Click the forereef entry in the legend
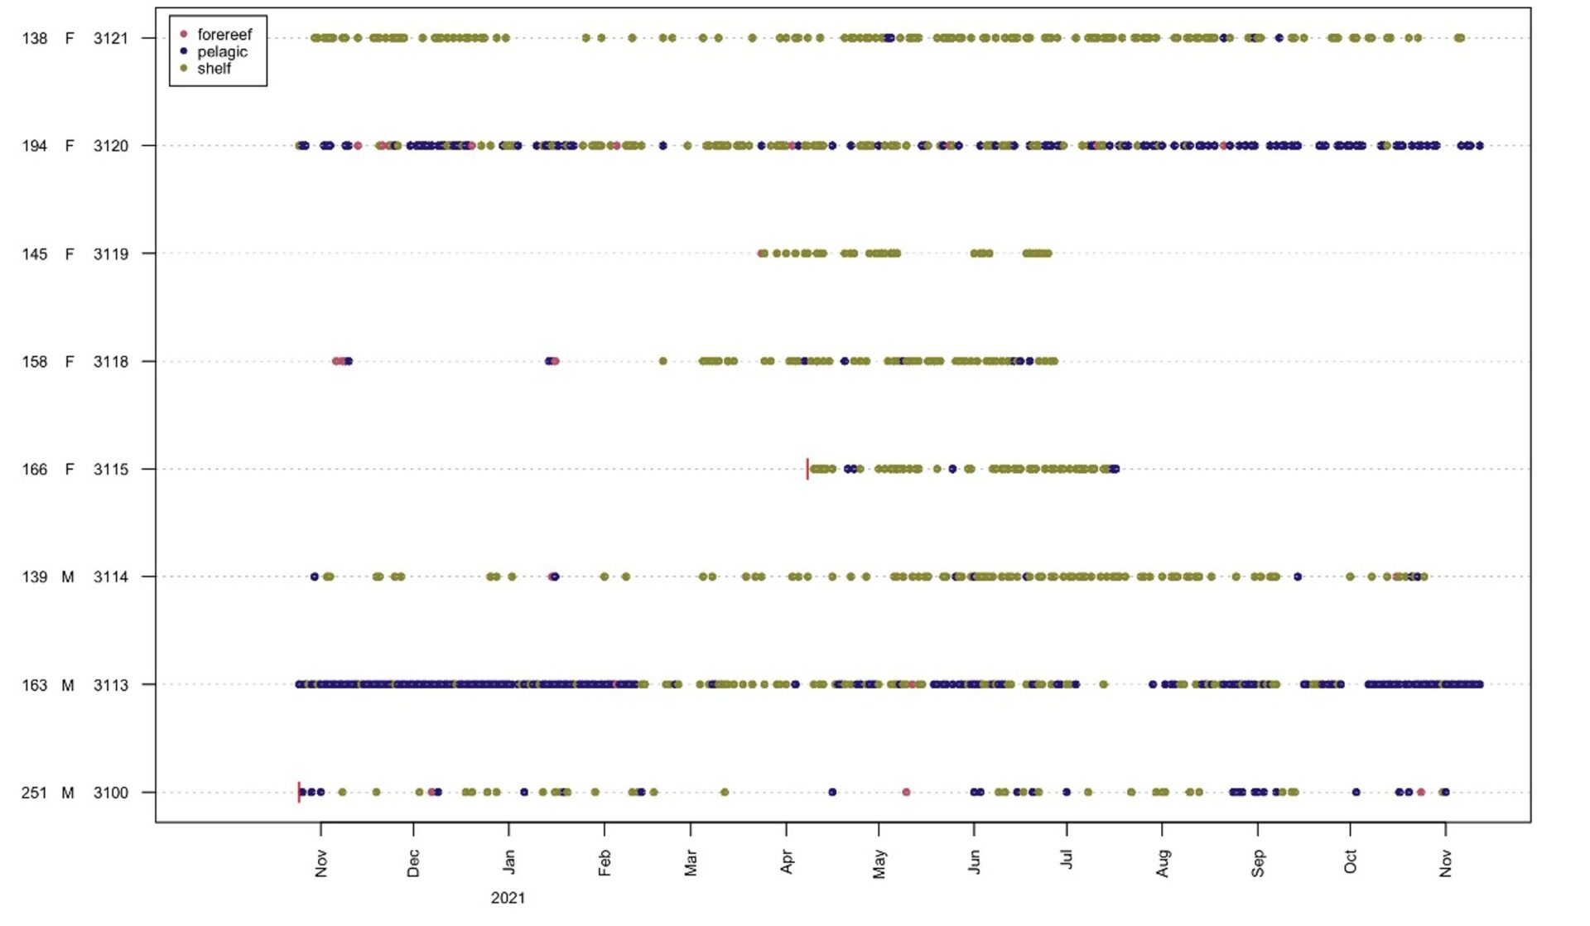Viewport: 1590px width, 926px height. (224, 35)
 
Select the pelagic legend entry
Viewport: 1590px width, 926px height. (222, 51)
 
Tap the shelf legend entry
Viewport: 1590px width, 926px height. (214, 69)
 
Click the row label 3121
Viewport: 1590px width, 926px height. (111, 38)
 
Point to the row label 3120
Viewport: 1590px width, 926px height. (111, 146)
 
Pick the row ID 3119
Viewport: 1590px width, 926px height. (111, 253)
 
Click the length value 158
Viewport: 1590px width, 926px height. (35, 361)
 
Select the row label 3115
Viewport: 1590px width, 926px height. (111, 469)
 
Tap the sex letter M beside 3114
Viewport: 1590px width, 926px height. (68, 576)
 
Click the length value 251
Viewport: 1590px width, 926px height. (35, 793)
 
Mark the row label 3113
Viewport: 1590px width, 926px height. (111, 685)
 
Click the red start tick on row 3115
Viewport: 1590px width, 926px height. (807, 469)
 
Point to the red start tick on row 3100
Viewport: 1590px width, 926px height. (299, 792)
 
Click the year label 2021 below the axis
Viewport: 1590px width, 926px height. (508, 898)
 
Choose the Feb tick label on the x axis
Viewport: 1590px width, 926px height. (605, 862)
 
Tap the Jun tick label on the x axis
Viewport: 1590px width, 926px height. (974, 862)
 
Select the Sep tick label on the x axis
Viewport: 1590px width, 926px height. (1258, 862)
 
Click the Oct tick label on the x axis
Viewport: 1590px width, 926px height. (1350, 862)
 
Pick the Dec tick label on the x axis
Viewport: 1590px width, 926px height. (413, 862)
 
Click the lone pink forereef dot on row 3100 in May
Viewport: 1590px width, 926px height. (906, 793)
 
